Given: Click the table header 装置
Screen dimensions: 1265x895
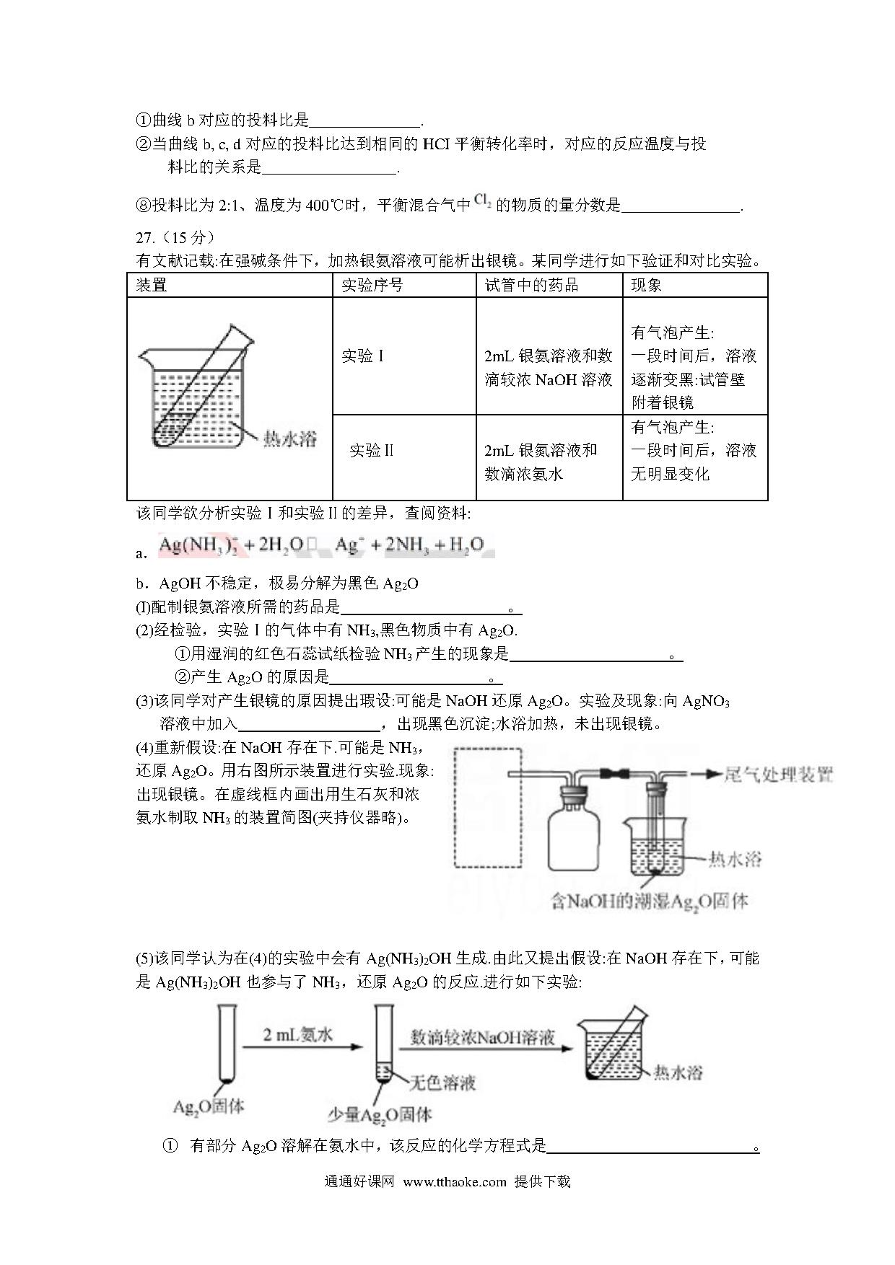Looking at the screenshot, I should [x=152, y=286].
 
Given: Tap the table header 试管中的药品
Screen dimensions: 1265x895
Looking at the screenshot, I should [x=531, y=286].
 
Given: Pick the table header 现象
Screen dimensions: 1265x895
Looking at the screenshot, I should [x=646, y=286].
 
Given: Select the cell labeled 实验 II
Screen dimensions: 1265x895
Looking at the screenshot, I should [x=371, y=451].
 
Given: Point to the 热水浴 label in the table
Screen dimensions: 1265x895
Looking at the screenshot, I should [x=290, y=438].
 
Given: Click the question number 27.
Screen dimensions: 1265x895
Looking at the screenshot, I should [x=145, y=238].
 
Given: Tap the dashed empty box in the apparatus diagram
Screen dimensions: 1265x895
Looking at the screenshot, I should [x=488, y=807].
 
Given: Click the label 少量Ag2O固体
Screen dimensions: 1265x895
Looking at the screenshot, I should [x=380, y=1115].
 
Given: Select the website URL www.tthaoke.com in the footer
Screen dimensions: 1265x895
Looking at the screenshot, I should [x=455, y=1182].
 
